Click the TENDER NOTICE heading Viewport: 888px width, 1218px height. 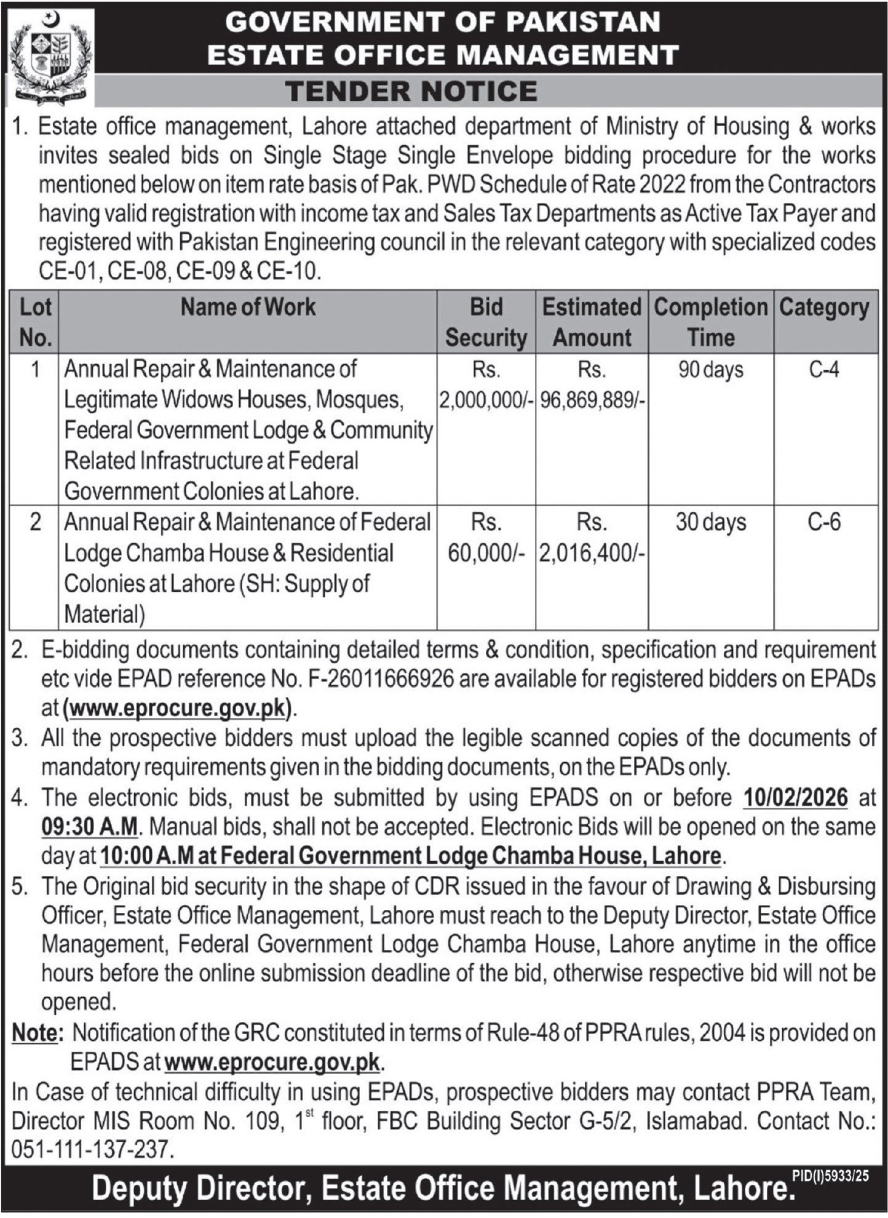[x=411, y=91]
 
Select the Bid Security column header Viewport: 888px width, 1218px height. [x=486, y=322]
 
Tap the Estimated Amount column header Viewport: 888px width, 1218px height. [x=592, y=322]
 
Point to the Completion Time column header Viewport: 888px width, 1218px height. [x=711, y=322]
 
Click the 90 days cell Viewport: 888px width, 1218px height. [x=711, y=370]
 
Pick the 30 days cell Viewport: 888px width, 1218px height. [x=711, y=522]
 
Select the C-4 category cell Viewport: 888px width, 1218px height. [x=824, y=370]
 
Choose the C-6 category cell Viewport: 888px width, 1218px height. [x=824, y=522]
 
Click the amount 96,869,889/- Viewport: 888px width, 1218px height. [x=592, y=400]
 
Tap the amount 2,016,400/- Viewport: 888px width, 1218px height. [x=592, y=553]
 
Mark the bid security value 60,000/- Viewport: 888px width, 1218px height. [x=486, y=553]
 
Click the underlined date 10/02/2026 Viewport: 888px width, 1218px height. [x=796, y=797]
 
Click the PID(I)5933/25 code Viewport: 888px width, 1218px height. [x=830, y=1176]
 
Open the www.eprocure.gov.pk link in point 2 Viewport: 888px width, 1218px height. [x=178, y=708]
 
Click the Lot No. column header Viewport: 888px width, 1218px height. [x=35, y=322]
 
